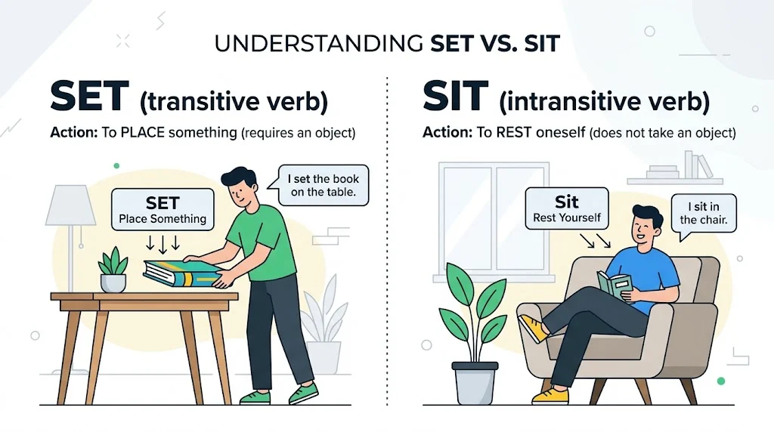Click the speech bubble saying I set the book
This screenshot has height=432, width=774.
click(x=324, y=186)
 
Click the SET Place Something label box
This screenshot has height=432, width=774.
click(x=163, y=210)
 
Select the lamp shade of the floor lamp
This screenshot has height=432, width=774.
click(x=71, y=205)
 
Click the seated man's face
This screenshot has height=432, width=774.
click(x=647, y=227)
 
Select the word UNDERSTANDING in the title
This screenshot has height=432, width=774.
click(x=317, y=43)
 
